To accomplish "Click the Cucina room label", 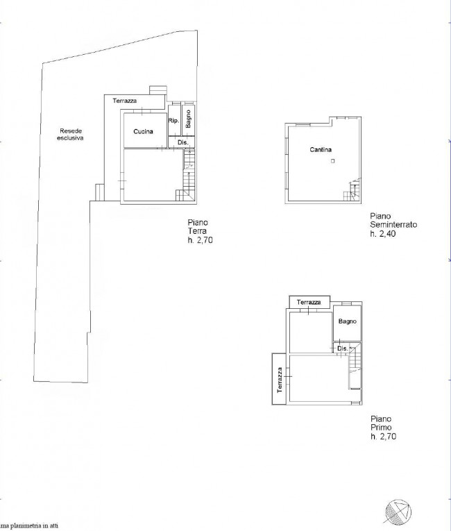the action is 143,131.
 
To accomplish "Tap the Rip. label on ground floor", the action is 173,120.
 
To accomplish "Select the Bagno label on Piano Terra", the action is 188,119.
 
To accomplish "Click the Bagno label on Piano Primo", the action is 348,321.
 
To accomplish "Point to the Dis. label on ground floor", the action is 183,142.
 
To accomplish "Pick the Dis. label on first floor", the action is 342,348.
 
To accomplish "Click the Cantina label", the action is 321,149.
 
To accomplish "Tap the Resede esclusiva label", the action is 71,135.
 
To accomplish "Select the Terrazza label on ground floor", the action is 125,101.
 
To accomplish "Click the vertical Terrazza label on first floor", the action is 280,380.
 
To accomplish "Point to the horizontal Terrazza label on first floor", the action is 309,302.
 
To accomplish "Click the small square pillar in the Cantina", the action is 332,161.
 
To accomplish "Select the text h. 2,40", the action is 383,233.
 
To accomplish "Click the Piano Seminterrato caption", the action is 393,220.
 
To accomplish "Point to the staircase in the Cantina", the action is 352,191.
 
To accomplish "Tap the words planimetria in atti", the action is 31,526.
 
